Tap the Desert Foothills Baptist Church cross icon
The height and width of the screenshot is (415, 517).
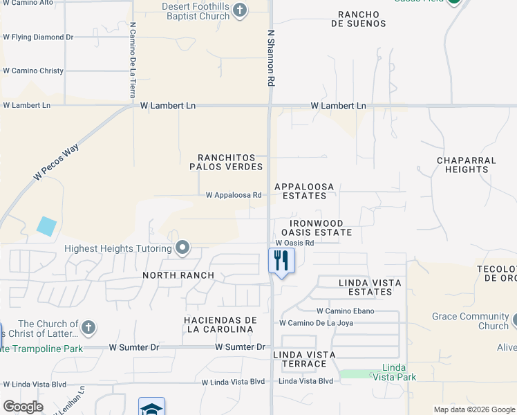pyautogui.click(x=239, y=10)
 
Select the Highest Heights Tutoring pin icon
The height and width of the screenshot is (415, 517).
pyautogui.click(x=182, y=248)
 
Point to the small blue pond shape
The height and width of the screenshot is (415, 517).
pyautogui.click(x=46, y=226)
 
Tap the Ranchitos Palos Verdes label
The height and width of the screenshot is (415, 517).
pyautogui.click(x=226, y=162)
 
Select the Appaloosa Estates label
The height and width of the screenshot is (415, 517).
pyautogui.click(x=304, y=191)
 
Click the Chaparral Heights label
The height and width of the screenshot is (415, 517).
pyautogui.click(x=466, y=165)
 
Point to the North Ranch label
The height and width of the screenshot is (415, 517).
pyautogui.click(x=178, y=275)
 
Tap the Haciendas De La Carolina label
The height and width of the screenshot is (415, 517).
pyautogui.click(x=220, y=324)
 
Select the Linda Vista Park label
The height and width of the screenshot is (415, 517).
pyautogui.click(x=394, y=372)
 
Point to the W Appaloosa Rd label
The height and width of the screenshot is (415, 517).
pyautogui.click(x=234, y=195)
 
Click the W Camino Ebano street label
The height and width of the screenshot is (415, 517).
pyautogui.click(x=345, y=311)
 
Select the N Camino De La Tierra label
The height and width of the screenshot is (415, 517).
pyautogui.click(x=132, y=59)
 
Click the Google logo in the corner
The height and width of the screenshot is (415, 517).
pyautogui.click(x=23, y=407)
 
